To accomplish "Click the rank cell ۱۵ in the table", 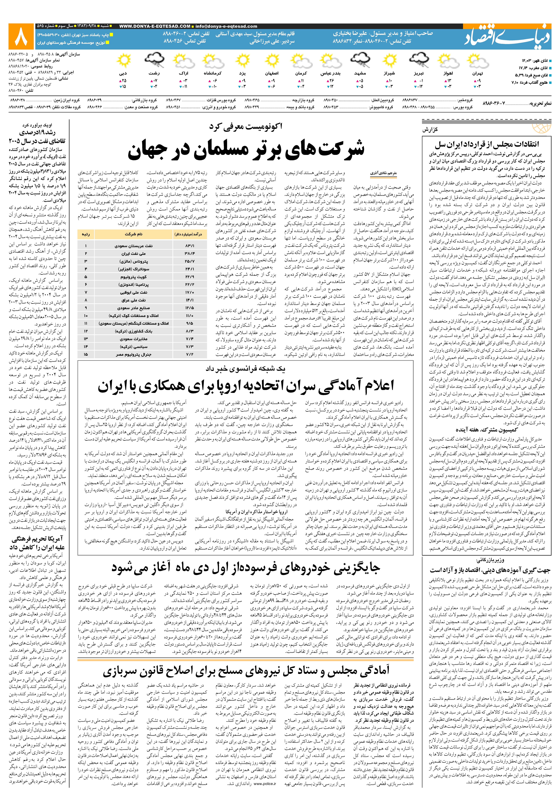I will coord(86,355).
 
